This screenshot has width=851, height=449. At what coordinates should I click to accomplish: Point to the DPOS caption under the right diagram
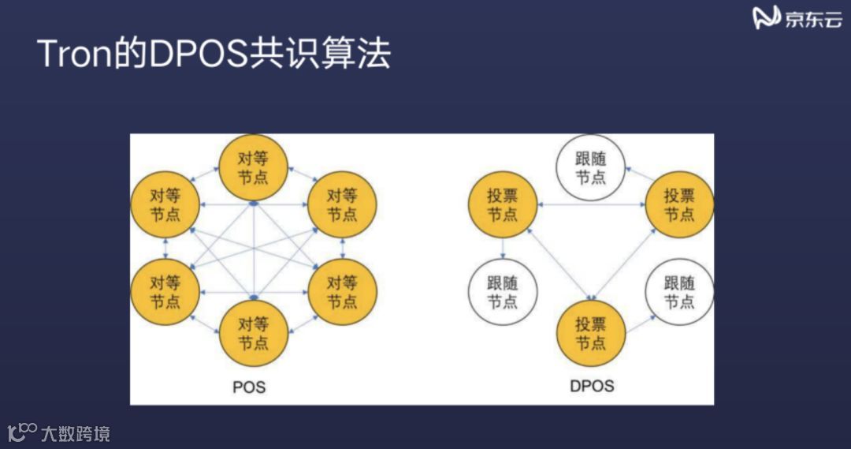592,387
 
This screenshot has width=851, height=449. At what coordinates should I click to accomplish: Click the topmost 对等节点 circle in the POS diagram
253,167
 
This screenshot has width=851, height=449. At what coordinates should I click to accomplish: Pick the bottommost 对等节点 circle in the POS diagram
253,334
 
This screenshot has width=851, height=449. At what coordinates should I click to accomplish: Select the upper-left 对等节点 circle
165,204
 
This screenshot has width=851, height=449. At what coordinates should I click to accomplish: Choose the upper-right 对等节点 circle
341,204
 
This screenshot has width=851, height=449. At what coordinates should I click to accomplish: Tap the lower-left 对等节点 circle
165,292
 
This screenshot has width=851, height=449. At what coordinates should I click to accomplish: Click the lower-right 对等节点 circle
341,292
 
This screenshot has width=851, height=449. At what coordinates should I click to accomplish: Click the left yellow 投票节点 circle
503,205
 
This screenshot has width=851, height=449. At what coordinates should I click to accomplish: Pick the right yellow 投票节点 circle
679,205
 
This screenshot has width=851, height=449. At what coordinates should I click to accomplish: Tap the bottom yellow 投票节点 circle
591,334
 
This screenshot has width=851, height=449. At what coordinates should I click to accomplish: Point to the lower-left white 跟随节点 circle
503,292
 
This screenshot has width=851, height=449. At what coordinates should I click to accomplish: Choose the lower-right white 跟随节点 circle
679,292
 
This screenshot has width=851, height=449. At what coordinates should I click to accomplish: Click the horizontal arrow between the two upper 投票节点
591,205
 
